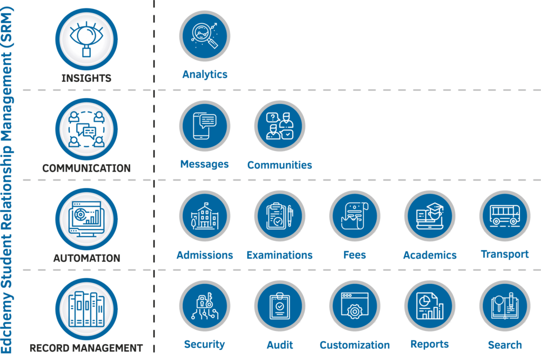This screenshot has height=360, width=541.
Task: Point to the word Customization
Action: (x=355, y=345)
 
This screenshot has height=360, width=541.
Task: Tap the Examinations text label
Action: (x=279, y=255)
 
